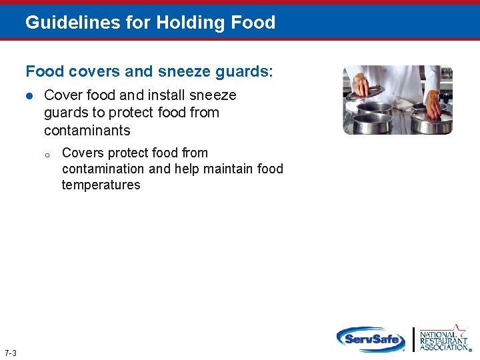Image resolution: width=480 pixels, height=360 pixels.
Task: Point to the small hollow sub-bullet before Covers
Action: coord(47,155)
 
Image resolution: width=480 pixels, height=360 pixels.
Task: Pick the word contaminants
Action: coord(87,130)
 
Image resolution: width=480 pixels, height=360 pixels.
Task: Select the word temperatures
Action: coord(101,185)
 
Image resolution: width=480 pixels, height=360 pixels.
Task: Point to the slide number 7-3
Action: coord(10,353)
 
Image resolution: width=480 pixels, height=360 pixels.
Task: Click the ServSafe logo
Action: coord(371,339)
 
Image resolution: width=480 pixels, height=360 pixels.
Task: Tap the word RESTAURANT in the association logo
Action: coord(443,340)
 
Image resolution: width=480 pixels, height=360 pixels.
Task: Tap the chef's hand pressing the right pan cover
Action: coord(433,103)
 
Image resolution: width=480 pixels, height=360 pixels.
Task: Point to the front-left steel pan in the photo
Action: coord(371,123)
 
